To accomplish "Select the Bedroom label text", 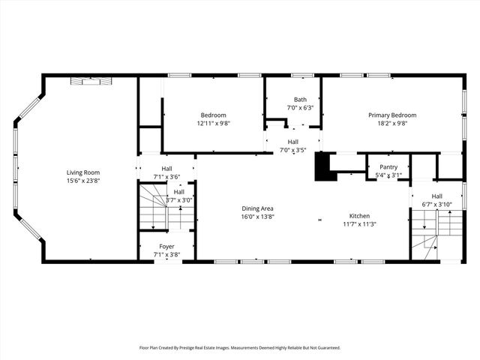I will (213, 115).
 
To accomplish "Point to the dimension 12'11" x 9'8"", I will (213, 123).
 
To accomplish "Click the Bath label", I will (300, 100).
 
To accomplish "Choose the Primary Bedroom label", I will (391, 115).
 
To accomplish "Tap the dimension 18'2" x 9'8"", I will (391, 123).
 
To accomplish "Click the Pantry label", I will (388, 167).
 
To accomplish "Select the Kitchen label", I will (359, 215).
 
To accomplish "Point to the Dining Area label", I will (257, 208).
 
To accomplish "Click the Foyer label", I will (166, 246).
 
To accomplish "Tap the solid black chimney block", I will (323, 166).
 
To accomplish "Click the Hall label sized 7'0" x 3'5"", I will (293, 142).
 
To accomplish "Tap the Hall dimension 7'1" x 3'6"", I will (166, 177).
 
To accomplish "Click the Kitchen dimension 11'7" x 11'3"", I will (359, 223).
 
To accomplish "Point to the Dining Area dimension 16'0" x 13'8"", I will (257, 217).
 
